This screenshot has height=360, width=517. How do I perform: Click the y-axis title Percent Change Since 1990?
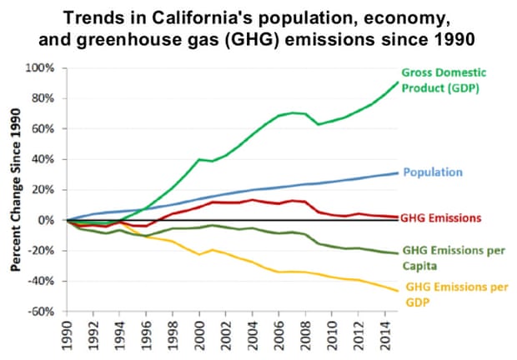pyautogui.click(x=15, y=189)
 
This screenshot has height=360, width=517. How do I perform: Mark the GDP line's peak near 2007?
pyautogui.click(x=293, y=112)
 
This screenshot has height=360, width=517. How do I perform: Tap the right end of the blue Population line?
pyautogui.click(x=398, y=172)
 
